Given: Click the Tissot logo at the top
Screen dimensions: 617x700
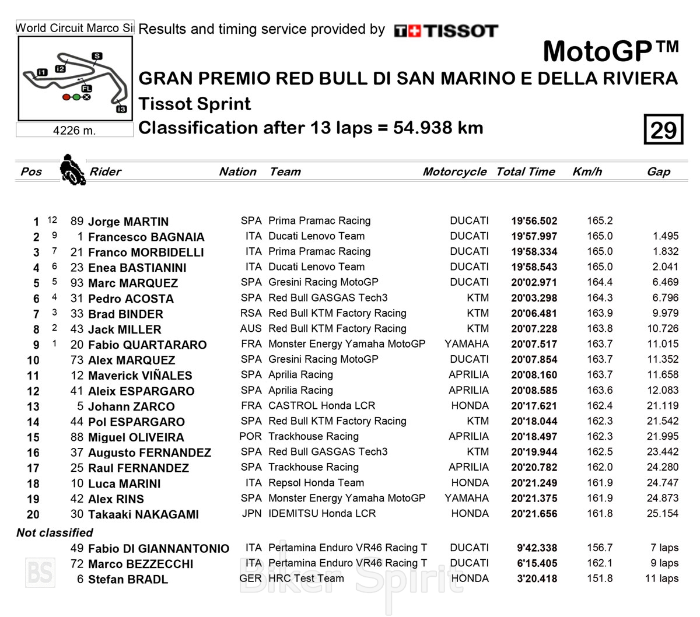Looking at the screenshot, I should click(x=446, y=30).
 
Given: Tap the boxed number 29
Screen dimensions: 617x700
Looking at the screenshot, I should click(x=663, y=129).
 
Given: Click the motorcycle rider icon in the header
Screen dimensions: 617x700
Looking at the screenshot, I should click(x=72, y=170).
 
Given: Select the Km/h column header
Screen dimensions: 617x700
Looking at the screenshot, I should click(x=587, y=171).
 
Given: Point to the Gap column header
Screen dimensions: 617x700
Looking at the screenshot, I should click(x=659, y=171).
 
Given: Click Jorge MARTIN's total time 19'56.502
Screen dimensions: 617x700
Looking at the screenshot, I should click(x=534, y=221).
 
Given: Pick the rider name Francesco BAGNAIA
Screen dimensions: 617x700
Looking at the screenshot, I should click(x=146, y=237).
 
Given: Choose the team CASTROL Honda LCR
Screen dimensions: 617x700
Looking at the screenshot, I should click(x=321, y=405).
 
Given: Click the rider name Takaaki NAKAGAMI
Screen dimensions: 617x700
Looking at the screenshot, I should click(x=143, y=514).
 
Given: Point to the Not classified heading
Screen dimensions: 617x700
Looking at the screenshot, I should click(x=55, y=532).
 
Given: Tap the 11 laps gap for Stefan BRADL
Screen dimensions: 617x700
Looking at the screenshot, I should click(x=661, y=579).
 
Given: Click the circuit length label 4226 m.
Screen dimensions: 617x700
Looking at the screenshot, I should click(x=74, y=130).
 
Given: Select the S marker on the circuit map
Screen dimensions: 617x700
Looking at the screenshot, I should click(x=97, y=56).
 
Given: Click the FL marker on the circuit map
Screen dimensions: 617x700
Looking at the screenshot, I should click(x=86, y=88).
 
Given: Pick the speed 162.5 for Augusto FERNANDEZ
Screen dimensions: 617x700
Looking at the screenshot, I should click(x=600, y=452).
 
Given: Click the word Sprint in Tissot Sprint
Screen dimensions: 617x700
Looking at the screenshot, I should click(x=224, y=104).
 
